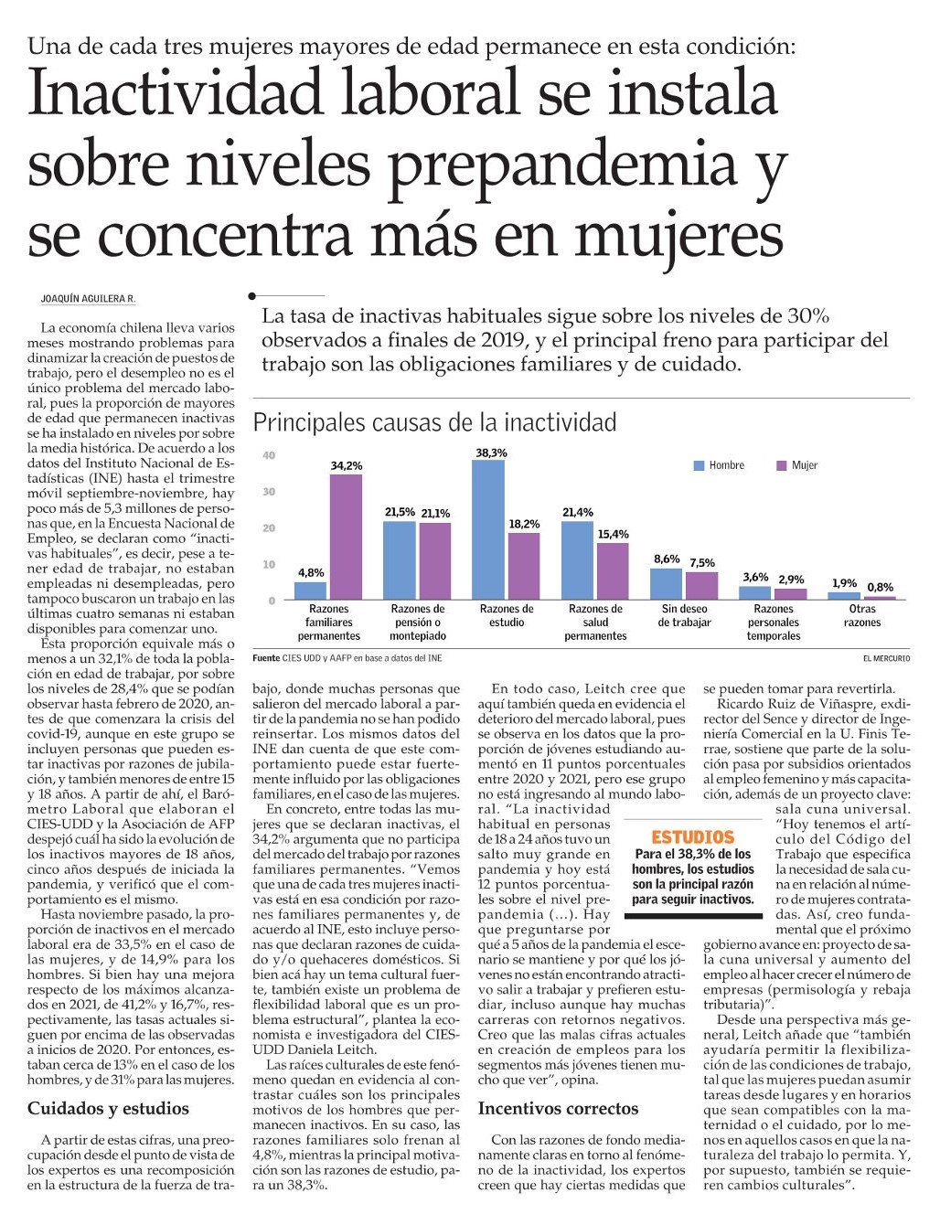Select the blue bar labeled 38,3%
(x=488, y=530)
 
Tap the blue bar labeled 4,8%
(x=311, y=591)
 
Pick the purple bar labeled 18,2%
(x=523, y=566)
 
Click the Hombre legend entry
(x=720, y=465)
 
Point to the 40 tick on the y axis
(x=269, y=455)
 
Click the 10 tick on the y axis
(x=269, y=564)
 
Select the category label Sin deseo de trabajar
(x=684, y=615)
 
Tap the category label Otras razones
(x=862, y=615)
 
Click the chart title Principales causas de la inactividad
(x=434, y=422)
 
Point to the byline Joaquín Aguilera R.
(x=88, y=299)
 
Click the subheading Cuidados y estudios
(x=108, y=1109)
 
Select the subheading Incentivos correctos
(x=558, y=1109)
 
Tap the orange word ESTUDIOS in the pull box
(x=692, y=837)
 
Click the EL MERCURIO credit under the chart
(x=885, y=658)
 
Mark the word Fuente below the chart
(x=266, y=658)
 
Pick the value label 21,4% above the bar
(x=578, y=513)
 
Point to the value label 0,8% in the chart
(x=880, y=587)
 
